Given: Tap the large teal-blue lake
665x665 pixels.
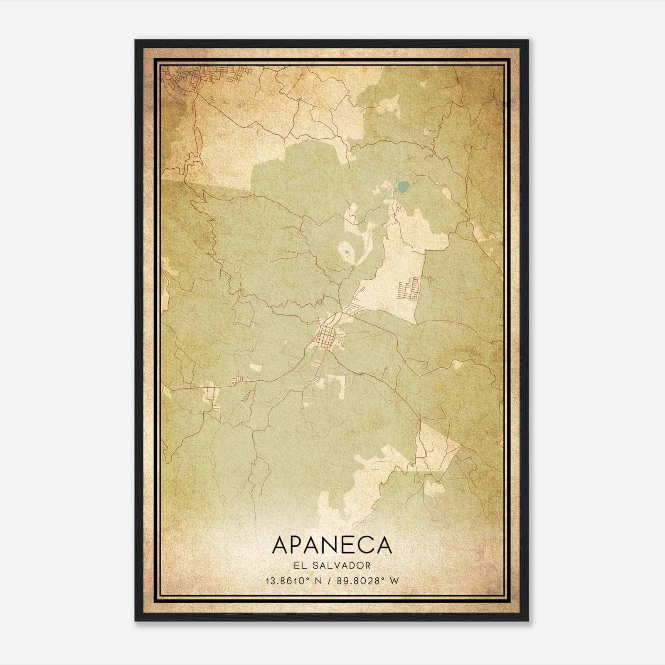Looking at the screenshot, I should point(402,187).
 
